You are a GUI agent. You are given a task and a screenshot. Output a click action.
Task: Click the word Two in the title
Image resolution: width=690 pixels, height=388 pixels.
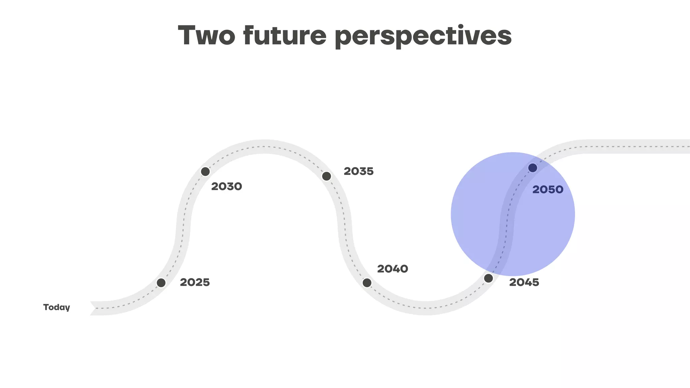(206, 35)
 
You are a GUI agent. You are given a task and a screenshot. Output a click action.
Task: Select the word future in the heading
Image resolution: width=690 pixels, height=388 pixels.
(285, 35)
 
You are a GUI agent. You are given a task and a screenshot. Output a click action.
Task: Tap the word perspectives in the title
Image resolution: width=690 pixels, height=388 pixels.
(423, 36)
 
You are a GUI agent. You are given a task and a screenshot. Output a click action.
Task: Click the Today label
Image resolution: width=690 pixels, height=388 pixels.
(57, 307)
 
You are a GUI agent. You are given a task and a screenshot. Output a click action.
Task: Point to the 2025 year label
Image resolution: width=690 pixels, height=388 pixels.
(195, 282)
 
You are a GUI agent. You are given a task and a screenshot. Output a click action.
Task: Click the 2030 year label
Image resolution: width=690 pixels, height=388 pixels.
(226, 186)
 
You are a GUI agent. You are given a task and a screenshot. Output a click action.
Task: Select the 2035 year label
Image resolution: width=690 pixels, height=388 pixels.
(358, 171)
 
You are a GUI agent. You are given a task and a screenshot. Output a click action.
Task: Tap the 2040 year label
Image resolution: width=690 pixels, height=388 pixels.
(393, 269)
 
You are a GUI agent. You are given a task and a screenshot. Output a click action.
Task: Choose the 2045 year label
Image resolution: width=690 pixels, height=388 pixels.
(524, 282)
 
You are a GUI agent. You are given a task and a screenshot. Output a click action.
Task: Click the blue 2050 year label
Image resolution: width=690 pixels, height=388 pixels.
(547, 190)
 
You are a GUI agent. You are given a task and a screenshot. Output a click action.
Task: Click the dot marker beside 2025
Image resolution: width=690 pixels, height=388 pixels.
(161, 283)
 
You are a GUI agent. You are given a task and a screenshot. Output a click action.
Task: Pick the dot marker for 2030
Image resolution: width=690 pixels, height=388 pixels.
(205, 171)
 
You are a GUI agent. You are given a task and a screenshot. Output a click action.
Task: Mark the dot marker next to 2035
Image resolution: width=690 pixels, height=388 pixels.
(326, 176)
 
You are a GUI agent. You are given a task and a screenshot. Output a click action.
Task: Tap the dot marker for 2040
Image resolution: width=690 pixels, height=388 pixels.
(367, 283)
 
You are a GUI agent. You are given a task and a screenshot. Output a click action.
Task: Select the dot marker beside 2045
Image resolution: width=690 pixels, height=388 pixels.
(488, 278)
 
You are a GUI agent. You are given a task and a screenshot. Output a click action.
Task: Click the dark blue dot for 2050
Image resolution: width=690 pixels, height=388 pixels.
(533, 168)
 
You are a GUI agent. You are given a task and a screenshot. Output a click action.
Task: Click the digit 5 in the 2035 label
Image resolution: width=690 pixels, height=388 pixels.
(370, 171)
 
